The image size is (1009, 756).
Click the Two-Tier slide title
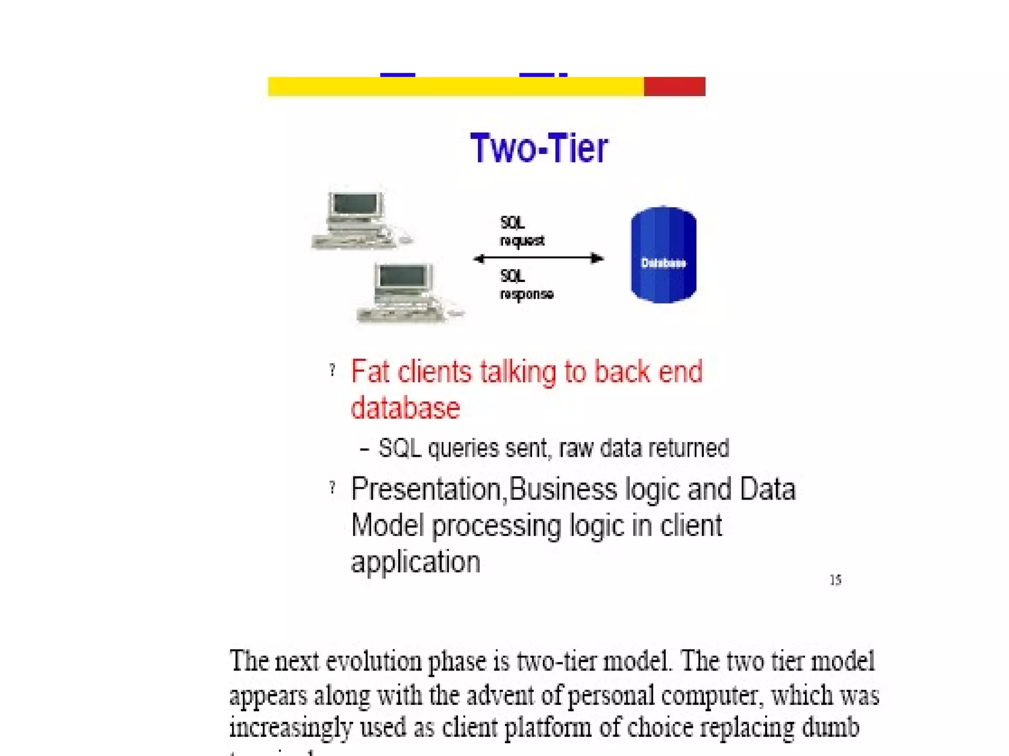tap(539, 148)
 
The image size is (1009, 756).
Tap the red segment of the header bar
tap(674, 87)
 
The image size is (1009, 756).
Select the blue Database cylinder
tap(663, 255)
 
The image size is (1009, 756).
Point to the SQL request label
tap(521, 231)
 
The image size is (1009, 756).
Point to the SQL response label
tap(526, 285)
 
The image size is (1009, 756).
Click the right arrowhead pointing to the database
tap(597, 258)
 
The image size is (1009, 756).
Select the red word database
tap(405, 408)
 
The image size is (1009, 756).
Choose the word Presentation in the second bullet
tap(426, 489)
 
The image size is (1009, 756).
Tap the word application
tap(415, 562)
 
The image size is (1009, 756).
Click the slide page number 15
tap(835, 580)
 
